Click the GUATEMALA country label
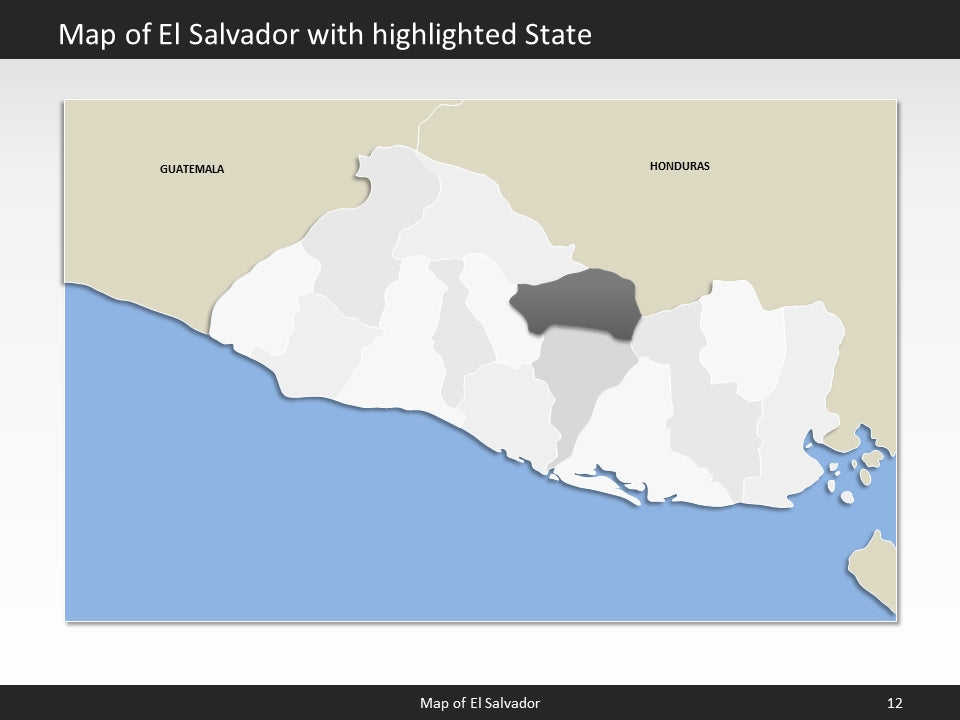click(192, 169)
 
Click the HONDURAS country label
click(679, 166)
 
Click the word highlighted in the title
click(449, 35)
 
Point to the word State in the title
click(558, 35)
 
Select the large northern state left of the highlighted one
click(470, 220)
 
